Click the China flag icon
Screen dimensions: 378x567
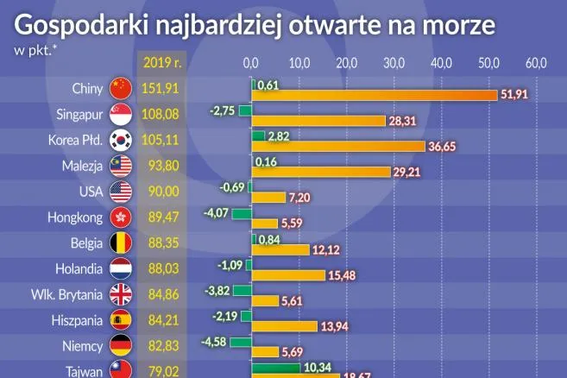[120, 88]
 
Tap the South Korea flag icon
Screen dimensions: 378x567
[120, 140]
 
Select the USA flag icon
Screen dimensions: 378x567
[120, 192]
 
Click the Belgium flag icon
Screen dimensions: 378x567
[120, 243]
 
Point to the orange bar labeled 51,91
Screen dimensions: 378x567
[374, 94]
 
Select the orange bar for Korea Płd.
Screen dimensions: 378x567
[337, 147]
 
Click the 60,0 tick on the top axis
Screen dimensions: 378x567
[536, 62]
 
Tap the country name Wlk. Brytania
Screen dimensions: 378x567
[67, 295]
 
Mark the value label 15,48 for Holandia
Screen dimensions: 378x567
[342, 275]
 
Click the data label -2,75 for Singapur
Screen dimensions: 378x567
[222, 110]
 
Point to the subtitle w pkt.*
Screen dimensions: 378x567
[33, 48]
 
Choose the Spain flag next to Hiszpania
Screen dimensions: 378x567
[120, 321]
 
